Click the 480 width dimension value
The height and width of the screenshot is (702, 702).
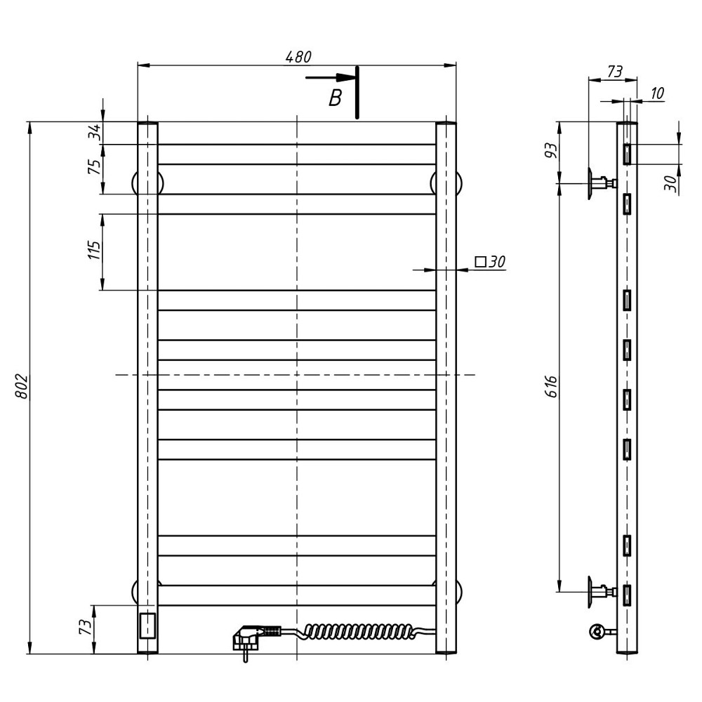pyautogui.click(x=298, y=57)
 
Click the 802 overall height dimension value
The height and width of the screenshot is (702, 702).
pyautogui.click(x=22, y=387)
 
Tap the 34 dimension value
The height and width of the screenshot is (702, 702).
pyautogui.click(x=95, y=133)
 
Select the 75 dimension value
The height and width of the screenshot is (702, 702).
pyautogui.click(x=95, y=166)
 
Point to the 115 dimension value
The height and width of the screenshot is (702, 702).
pyautogui.click(x=95, y=250)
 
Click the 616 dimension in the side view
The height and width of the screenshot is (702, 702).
pyautogui.click(x=552, y=386)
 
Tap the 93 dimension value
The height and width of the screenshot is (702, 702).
pyautogui.click(x=552, y=150)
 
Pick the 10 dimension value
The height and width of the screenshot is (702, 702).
pyautogui.click(x=657, y=93)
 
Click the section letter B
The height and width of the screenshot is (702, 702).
pyautogui.click(x=335, y=98)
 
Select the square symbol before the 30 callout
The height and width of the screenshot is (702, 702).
pyautogui.click(x=480, y=261)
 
